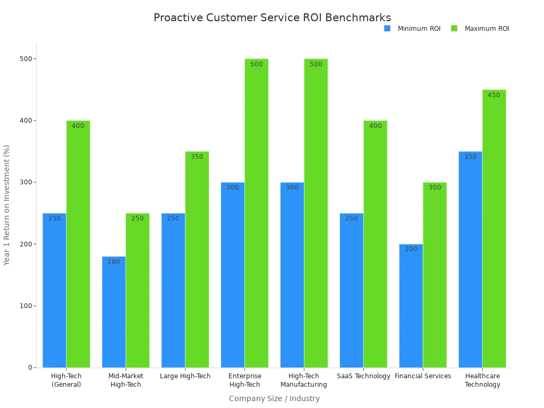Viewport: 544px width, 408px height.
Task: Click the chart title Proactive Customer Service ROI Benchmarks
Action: [x=272, y=18]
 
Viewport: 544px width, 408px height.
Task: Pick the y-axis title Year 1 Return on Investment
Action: [x=7, y=205]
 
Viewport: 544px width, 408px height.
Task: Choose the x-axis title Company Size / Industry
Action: [x=274, y=398]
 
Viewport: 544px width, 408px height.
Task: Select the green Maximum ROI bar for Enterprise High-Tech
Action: [x=256, y=212]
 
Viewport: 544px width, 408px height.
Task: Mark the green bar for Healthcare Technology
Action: [x=494, y=228]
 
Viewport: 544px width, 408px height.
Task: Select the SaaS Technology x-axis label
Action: [x=363, y=376]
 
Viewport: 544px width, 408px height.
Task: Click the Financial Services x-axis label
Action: [x=423, y=376]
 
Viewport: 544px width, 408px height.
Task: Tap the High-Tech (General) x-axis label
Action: [x=66, y=380]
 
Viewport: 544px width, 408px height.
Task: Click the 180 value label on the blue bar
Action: [x=114, y=262]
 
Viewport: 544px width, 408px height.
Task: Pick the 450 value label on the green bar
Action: [x=494, y=95]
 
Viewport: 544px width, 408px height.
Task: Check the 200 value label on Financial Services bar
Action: [x=411, y=249]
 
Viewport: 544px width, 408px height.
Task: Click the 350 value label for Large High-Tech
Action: [x=197, y=157]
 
